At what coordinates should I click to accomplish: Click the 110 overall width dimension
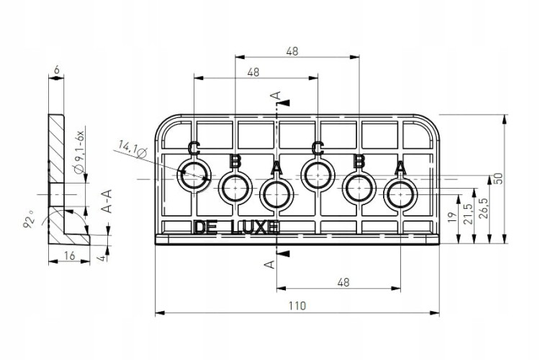(297, 305)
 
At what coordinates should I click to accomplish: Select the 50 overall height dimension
(498, 178)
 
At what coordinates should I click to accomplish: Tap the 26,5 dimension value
(483, 208)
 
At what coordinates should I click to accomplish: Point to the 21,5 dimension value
(469, 215)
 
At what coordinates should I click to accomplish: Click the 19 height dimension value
(453, 217)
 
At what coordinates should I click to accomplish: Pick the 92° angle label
(29, 220)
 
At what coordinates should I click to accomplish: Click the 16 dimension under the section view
(70, 256)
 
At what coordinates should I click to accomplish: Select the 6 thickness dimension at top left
(57, 70)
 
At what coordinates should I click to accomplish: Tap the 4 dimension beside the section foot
(103, 257)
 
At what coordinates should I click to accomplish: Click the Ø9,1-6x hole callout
(79, 152)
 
